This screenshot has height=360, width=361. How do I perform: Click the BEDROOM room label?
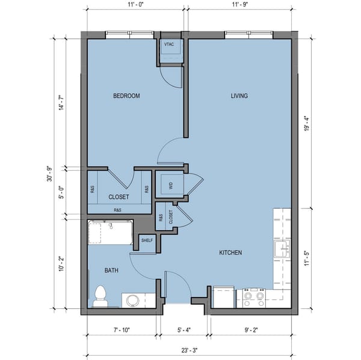point(126,96)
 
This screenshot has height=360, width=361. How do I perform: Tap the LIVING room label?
point(239,96)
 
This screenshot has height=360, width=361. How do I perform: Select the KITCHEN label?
point(230,253)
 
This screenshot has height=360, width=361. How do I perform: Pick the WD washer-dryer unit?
point(170,186)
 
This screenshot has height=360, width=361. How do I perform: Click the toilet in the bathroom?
point(100,296)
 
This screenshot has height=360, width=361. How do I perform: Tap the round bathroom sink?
point(133,300)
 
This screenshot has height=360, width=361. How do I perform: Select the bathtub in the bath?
point(110,233)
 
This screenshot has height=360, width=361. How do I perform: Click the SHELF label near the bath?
point(147,240)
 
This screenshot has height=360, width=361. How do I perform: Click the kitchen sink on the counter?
point(282,249)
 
